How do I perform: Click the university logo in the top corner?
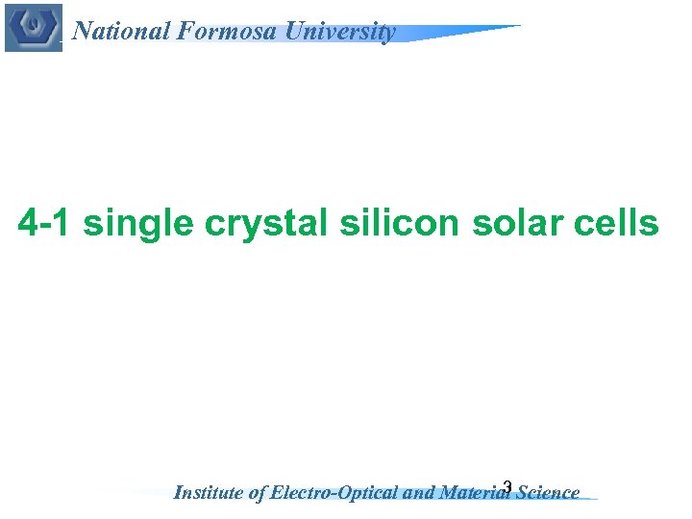33,27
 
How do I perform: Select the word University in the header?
336,32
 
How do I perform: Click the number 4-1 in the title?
46,224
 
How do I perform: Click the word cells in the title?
615,224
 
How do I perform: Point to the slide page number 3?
507,486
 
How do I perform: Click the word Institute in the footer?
209,493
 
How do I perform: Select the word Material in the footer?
473,493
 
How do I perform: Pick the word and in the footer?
419,493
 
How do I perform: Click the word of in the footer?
258,493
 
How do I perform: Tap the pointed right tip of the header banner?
519,27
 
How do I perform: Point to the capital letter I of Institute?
177,493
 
